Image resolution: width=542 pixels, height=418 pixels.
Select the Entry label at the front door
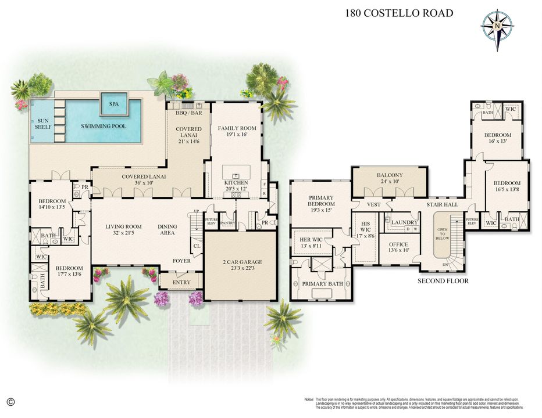[x=181, y=283]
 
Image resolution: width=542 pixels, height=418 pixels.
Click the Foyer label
[x=181, y=261]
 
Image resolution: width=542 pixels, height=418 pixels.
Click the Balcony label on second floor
[x=390, y=175]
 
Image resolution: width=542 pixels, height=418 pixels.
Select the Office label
[x=398, y=244]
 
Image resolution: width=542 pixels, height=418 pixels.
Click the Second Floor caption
[x=443, y=281]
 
